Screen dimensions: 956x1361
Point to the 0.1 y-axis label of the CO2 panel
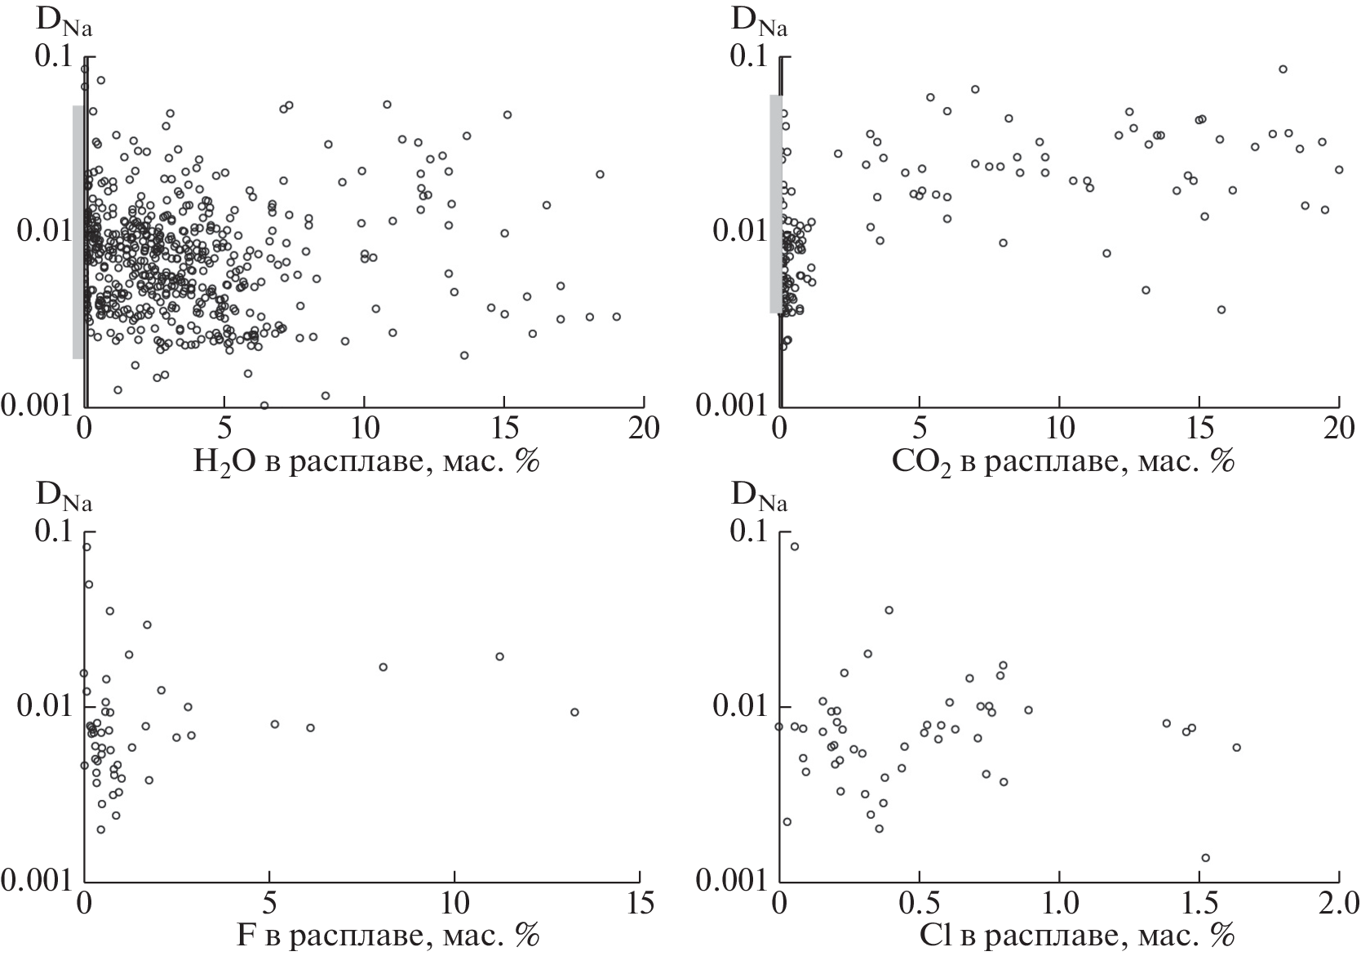751,57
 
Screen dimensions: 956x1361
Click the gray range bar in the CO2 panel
775,204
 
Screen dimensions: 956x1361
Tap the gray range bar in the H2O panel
78,233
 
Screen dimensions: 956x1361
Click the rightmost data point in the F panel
574,712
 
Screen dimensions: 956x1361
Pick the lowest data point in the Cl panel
1205,857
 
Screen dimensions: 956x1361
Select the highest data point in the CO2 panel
1283,69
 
